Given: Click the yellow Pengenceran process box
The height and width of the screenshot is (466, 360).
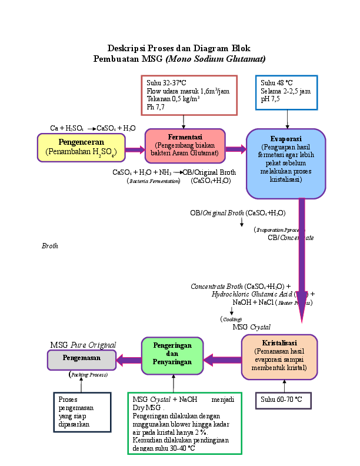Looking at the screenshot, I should pos(81,147).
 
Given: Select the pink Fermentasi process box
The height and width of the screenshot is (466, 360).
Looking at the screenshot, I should pos(185,145).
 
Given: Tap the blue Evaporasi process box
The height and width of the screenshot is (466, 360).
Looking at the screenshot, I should pos(286,163).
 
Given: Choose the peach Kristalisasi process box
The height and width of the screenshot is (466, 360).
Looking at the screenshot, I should pos(279,357).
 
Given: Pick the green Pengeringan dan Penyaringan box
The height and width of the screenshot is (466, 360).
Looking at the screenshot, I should pos(172,355).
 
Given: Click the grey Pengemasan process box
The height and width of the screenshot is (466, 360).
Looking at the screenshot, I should pos(81,358).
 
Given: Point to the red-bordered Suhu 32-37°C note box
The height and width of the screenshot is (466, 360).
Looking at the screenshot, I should pos(189,95).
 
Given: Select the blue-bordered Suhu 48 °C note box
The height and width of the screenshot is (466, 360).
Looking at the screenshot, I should pos(286,92).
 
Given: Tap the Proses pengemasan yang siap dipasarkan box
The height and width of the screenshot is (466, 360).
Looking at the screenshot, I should pos(81,412).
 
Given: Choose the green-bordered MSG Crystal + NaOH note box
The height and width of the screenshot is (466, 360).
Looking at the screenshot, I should pos(185,423).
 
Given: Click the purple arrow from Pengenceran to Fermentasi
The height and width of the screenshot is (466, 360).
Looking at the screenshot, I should pos(135,150).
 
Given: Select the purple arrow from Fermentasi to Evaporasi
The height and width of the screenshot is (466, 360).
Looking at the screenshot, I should pos(235,149).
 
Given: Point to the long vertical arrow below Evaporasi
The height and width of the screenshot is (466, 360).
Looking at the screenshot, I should pos(302,259).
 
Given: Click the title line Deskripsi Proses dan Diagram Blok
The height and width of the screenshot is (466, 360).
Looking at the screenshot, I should pos(179,48).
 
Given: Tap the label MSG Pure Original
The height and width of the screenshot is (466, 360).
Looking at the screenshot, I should pos(82,345).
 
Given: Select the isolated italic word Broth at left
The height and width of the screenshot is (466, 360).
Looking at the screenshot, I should pos(49,246).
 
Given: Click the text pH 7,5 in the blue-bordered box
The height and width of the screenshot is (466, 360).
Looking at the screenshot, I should pos(270,99).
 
